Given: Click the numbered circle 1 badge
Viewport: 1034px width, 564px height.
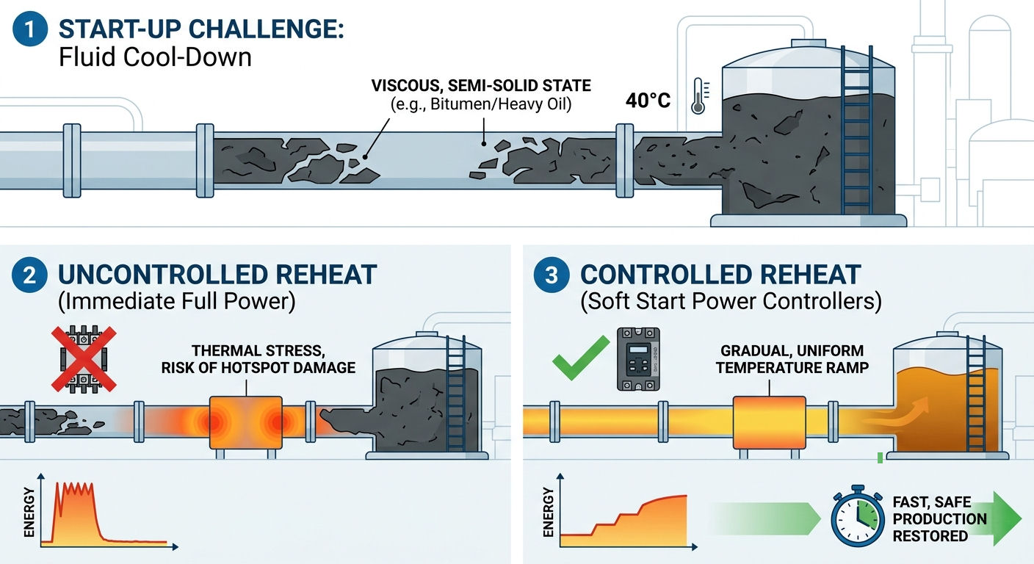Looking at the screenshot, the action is click(30, 29).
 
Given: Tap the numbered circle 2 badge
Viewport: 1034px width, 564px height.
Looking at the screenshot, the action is click(29, 275).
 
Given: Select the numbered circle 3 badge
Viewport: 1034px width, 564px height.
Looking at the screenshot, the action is click(552, 275).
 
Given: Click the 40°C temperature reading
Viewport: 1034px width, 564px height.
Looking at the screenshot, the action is click(648, 100).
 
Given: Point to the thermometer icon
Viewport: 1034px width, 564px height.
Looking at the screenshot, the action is click(699, 95).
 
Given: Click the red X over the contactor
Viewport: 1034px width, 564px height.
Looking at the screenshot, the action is click(84, 359).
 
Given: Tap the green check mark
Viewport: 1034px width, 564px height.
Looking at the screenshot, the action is click(581, 358).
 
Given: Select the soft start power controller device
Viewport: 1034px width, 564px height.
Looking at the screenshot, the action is click(638, 359).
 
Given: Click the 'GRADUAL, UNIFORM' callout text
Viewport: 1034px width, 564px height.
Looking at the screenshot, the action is click(792, 351).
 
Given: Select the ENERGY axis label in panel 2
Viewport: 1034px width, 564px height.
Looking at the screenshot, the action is click(29, 513).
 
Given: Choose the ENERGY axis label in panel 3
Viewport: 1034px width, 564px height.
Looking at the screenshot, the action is click(549, 513).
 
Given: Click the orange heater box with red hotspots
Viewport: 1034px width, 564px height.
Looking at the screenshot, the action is click(245, 422).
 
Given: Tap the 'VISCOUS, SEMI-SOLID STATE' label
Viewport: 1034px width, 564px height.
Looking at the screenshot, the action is click(481, 85).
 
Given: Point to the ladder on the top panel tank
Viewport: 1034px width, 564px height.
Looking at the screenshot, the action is click(857, 130).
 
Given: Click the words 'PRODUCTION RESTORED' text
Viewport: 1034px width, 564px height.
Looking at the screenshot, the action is click(939, 527).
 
